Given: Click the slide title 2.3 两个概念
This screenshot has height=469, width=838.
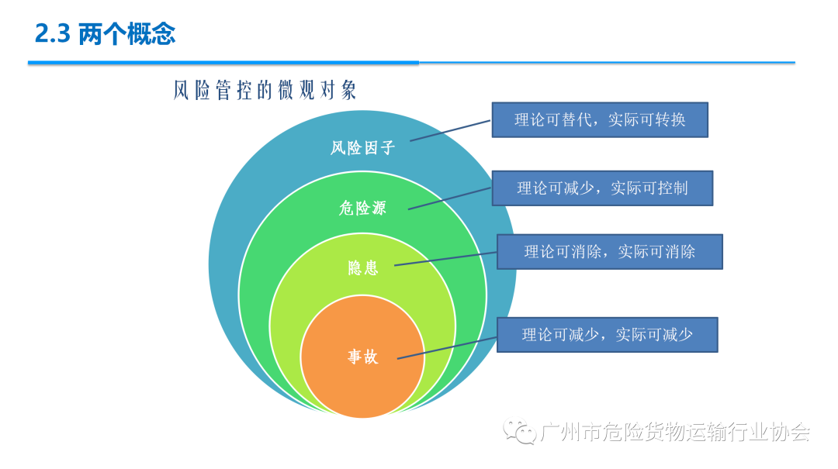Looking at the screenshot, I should pos(106,35).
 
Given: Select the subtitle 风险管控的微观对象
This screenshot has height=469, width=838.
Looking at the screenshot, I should pos(265,91).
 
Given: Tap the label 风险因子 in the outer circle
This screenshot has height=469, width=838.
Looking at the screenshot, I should pos(363,147).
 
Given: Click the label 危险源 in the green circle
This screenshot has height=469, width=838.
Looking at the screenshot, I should pos(362,208).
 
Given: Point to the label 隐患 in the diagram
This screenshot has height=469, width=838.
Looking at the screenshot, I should pos(363,268).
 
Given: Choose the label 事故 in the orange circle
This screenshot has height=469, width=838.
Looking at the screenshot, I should pos(362,357).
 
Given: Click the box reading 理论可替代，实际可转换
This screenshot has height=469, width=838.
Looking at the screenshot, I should pos(600,120).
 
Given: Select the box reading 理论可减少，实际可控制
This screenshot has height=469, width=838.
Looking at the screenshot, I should pos(602,188).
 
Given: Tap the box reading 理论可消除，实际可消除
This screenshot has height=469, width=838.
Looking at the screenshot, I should pos(609,252).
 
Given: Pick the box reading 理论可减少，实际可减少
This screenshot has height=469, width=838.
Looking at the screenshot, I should pos(607,335).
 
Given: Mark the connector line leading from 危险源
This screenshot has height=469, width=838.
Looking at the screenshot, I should pos(450,198).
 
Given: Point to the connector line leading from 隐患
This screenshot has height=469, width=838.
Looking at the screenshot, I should pos(445,258).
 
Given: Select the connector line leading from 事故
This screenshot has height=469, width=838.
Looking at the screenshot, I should pos(447,348).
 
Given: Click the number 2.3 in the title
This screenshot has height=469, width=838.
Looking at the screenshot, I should pos(53,35).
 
